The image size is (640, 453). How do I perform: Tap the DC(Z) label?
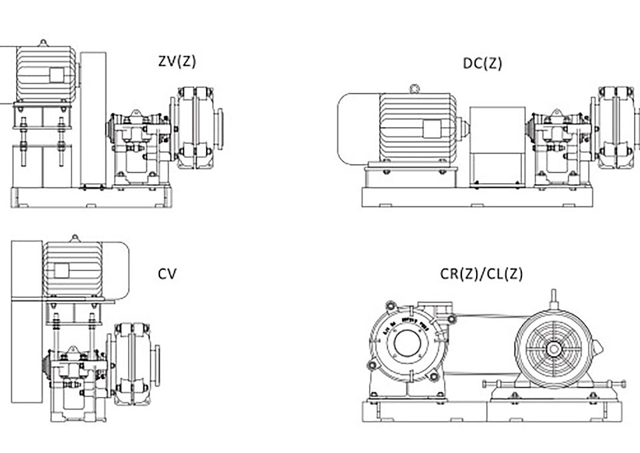(x=483, y=64)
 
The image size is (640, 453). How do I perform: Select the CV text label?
(x=167, y=273)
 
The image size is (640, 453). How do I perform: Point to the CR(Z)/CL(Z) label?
(x=481, y=274)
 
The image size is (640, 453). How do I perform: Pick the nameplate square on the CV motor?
(x=62, y=270)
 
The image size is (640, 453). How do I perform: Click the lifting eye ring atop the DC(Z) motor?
(x=415, y=87)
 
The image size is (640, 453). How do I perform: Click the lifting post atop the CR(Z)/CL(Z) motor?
(x=553, y=298)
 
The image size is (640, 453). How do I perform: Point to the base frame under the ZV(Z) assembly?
(x=93, y=199)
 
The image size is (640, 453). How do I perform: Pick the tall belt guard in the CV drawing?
(x=25, y=333)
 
